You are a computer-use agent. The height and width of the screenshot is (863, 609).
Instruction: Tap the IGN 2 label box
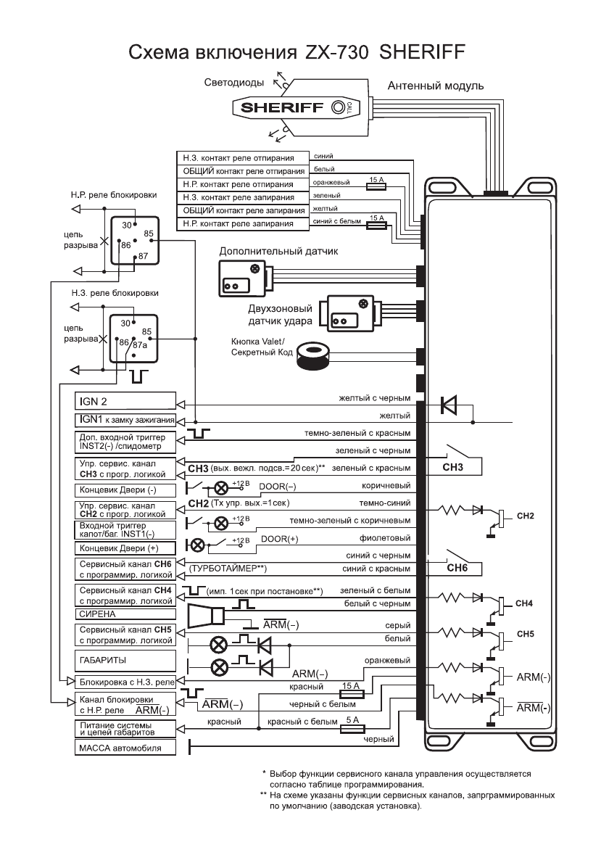pyautogui.click(x=125, y=400)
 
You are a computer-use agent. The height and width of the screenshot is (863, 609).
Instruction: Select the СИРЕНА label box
pyautogui.click(x=125, y=613)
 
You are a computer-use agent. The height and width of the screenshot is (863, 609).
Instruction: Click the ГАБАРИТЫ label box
pyautogui.click(x=125, y=660)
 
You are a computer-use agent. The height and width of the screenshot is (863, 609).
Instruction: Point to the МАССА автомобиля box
pyautogui.click(x=125, y=748)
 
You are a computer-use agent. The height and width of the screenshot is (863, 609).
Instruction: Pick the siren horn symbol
pyautogui.click(x=207, y=616)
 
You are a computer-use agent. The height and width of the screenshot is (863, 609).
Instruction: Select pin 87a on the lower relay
pyautogui.click(x=140, y=344)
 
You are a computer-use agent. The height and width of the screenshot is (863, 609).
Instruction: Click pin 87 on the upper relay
pyautogui.click(x=143, y=255)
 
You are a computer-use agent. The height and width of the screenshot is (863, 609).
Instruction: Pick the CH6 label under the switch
pyautogui.click(x=457, y=569)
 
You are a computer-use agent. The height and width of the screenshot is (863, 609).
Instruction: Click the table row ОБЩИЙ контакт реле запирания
pyautogui.click(x=242, y=210)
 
